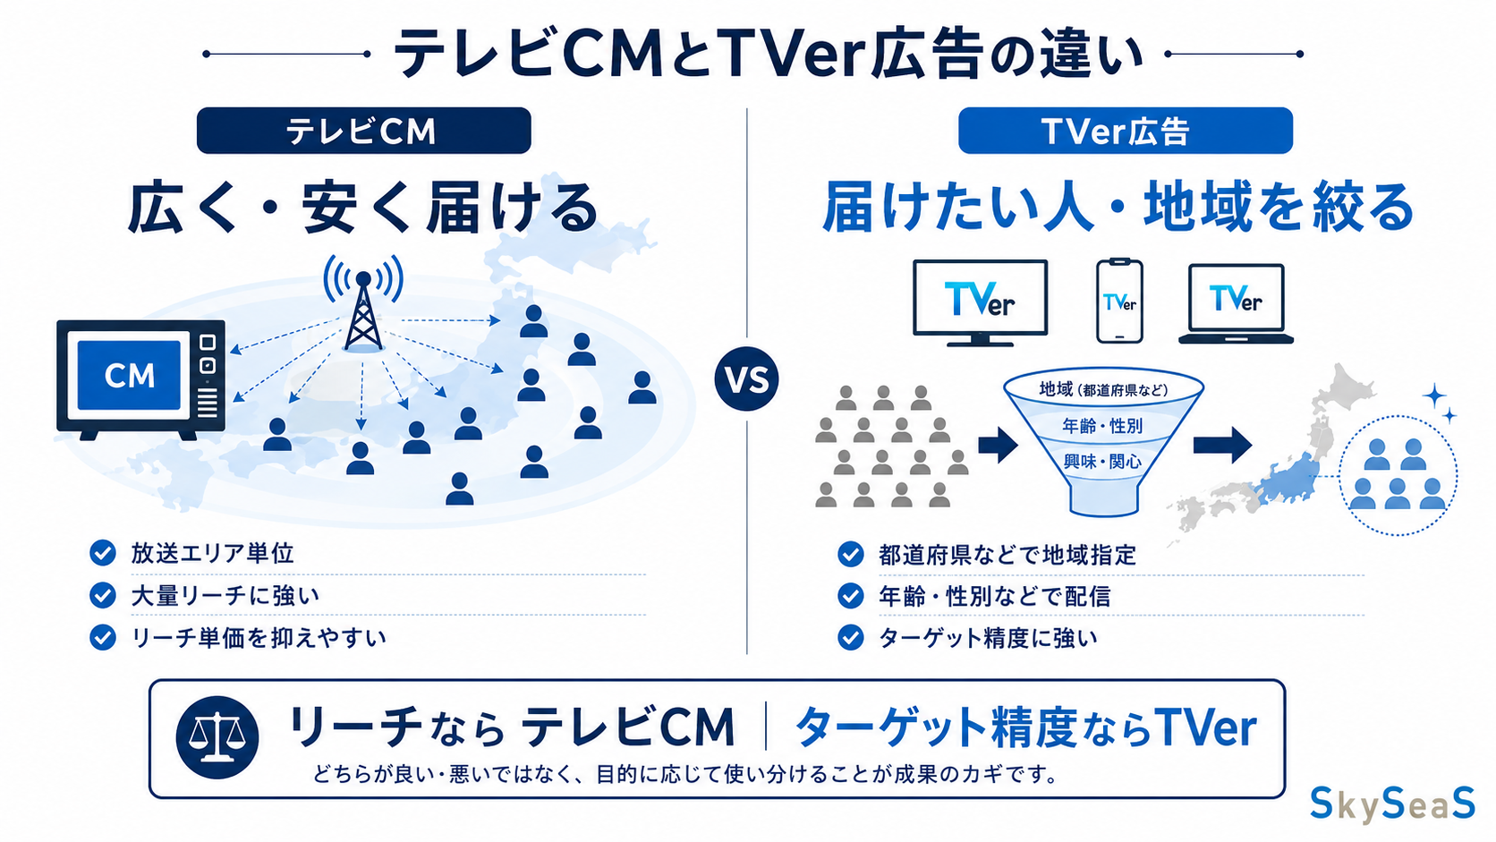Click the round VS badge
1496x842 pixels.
[x=746, y=378]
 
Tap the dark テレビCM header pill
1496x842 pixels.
[x=364, y=131]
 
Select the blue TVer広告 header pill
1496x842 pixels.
[x=1126, y=131]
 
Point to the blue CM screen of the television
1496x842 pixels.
[x=129, y=375]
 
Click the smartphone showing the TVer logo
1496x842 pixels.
[x=1119, y=302]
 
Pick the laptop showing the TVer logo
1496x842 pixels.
[x=1236, y=304]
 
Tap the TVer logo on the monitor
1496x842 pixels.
[x=980, y=299]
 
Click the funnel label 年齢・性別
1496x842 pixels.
[x=1102, y=426]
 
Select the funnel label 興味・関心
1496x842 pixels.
[x=1102, y=462]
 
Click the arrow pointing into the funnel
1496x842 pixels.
[x=998, y=446]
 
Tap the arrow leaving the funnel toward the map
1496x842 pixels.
[x=1222, y=446]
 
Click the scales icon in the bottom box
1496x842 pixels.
[x=217, y=738]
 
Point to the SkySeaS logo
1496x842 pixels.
[x=1392, y=804]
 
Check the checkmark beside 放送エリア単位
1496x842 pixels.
[x=103, y=553]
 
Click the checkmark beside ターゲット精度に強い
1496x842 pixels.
[x=851, y=637]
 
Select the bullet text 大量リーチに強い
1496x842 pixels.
[x=225, y=596]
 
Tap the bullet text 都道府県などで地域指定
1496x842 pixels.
[x=1007, y=555]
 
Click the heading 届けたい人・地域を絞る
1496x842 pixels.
[x=1118, y=208]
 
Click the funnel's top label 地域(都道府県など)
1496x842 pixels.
[x=1103, y=389]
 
